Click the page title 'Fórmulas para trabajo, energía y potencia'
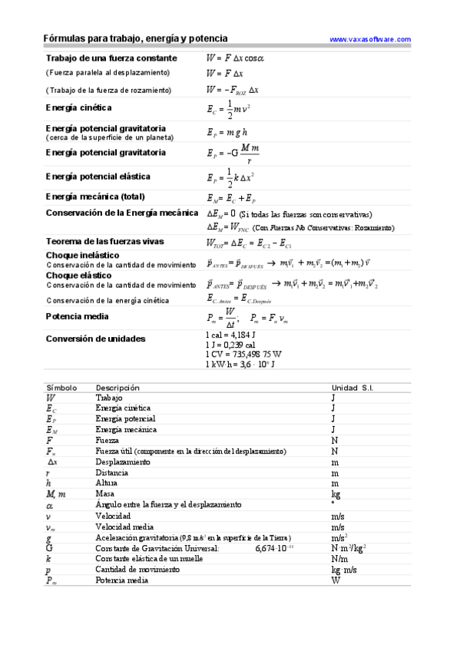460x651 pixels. point(135,38)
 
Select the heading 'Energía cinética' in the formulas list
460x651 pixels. point(78,108)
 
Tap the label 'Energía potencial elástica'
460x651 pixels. point(98,176)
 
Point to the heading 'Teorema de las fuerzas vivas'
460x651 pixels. point(104,242)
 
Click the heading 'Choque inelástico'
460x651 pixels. point(83,255)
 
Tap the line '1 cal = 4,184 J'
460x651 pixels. point(230,335)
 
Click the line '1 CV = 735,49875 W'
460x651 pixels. point(243,354)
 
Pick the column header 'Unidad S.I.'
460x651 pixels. point(352,388)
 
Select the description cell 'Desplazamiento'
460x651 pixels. point(123,462)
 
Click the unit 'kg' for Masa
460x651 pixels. point(336,494)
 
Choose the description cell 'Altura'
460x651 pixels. point(107,484)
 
